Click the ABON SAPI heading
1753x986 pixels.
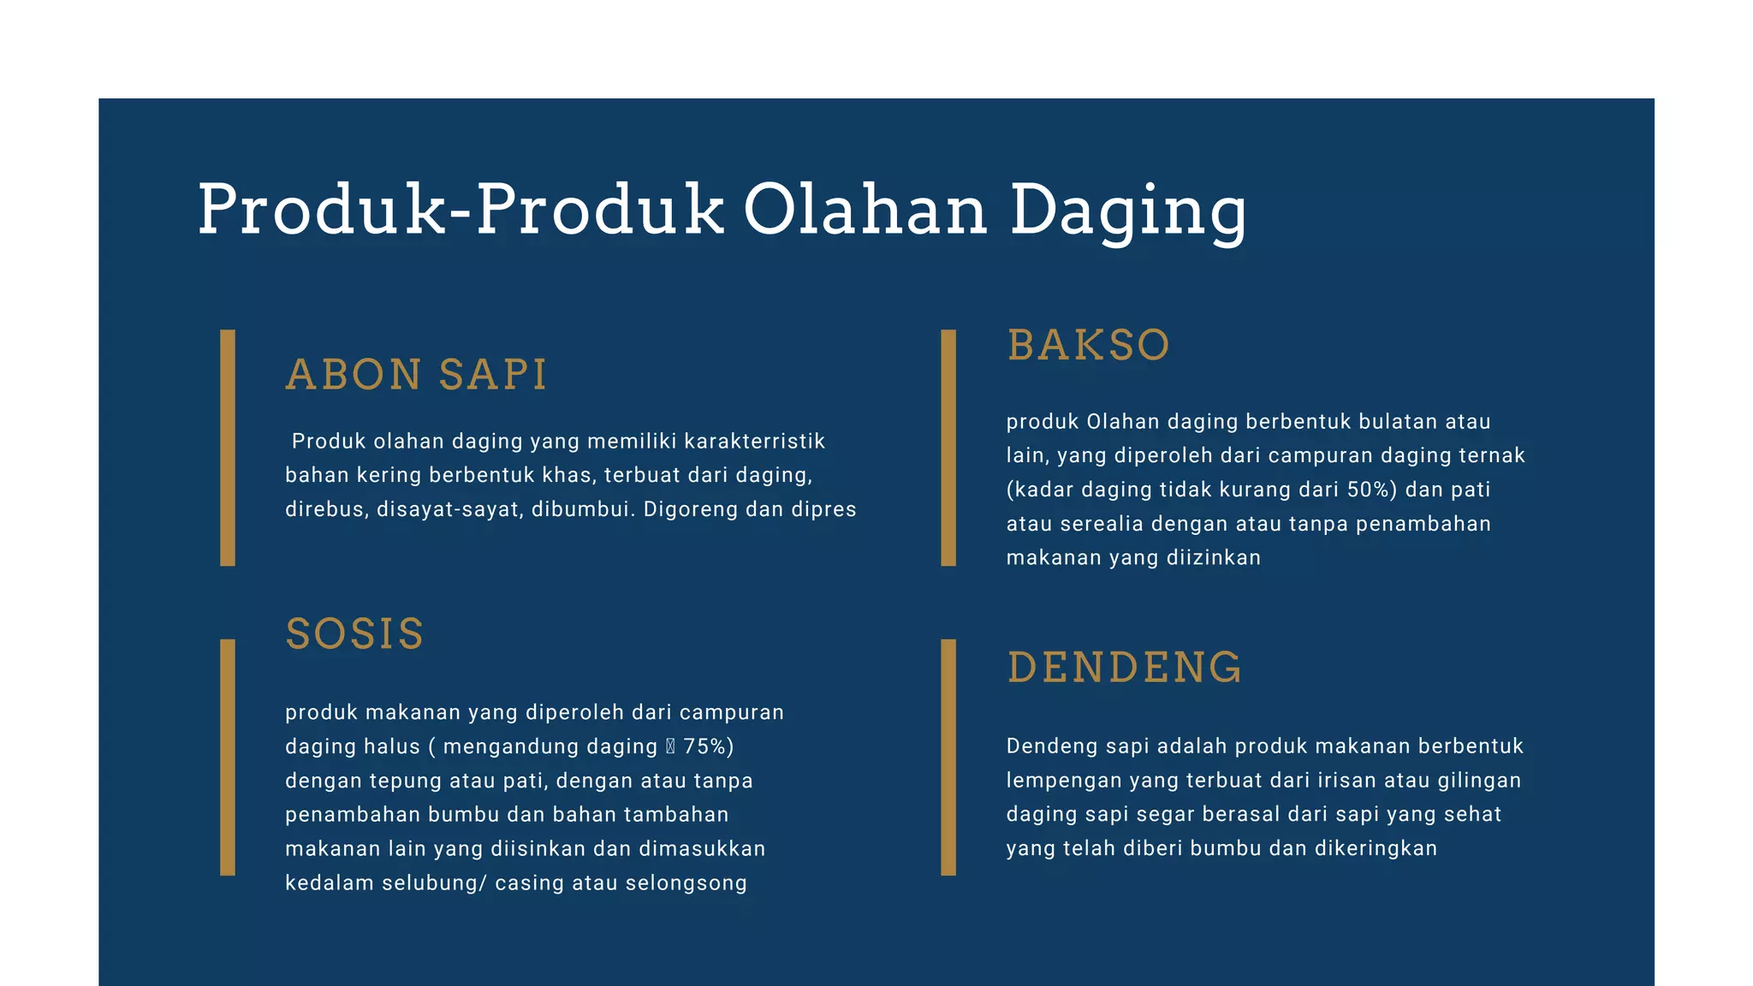coord(416,375)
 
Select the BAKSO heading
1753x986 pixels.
coord(1088,346)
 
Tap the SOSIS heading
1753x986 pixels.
coord(354,634)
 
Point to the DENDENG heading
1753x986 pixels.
coord(1124,668)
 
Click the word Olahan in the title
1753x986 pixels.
coord(865,210)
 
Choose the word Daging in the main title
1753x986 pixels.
coord(1128,211)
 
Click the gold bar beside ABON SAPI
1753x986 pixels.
coord(228,448)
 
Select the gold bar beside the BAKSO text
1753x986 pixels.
coord(948,448)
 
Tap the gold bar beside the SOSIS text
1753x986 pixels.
coord(228,757)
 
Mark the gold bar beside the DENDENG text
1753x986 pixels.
coord(948,757)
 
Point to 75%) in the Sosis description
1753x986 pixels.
coord(709,746)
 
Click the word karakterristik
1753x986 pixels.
coord(754,442)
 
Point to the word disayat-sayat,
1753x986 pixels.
coord(450,509)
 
